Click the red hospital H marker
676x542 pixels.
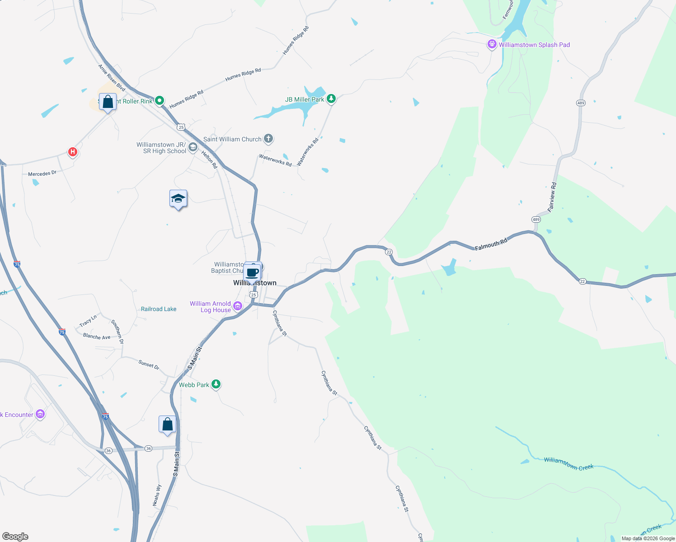pyautogui.click(x=72, y=152)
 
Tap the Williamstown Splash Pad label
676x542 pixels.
pyautogui.click(x=534, y=45)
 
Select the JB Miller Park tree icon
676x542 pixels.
pyautogui.click(x=331, y=98)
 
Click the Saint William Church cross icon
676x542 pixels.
pyautogui.click(x=268, y=139)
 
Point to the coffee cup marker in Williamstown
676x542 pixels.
pyautogui.click(x=252, y=273)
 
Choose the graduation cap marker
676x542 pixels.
pyautogui.click(x=178, y=199)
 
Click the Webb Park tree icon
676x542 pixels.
pyautogui.click(x=216, y=384)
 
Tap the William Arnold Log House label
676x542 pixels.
pyautogui.click(x=211, y=307)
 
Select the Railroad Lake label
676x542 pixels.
pyautogui.click(x=159, y=309)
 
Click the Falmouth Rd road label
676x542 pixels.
pyautogui.click(x=491, y=244)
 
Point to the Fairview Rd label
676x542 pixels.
pyautogui.click(x=552, y=197)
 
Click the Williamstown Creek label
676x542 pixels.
pyautogui.click(x=568, y=463)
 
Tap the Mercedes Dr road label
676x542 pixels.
pyautogui.click(x=42, y=173)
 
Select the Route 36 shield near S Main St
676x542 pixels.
pyautogui.click(x=149, y=449)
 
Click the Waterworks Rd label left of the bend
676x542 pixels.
pyautogui.click(x=275, y=160)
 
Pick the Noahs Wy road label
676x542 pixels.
pyautogui.click(x=156, y=495)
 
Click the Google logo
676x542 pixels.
pyautogui.click(x=15, y=536)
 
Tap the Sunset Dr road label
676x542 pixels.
pyautogui.click(x=149, y=364)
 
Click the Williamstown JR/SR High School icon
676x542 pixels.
pyautogui.click(x=193, y=147)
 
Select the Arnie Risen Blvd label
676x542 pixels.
pyautogui.click(x=112, y=78)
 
